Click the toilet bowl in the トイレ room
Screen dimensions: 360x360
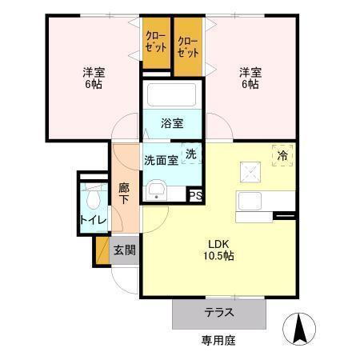pos(94,197)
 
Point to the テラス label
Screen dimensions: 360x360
pos(218,314)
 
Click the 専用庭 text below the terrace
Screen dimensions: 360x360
pos(218,341)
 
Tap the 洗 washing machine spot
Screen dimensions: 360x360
pos(191,153)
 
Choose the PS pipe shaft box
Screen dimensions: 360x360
pos(195,194)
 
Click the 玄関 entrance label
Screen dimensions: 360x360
pos(124,250)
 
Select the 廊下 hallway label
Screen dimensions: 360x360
pos(124,194)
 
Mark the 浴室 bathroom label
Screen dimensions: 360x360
pos(172,123)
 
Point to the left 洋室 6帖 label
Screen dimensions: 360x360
pos(94,78)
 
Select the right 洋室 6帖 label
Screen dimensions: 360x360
pos(250,78)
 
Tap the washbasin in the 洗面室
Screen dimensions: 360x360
pos(157,190)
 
